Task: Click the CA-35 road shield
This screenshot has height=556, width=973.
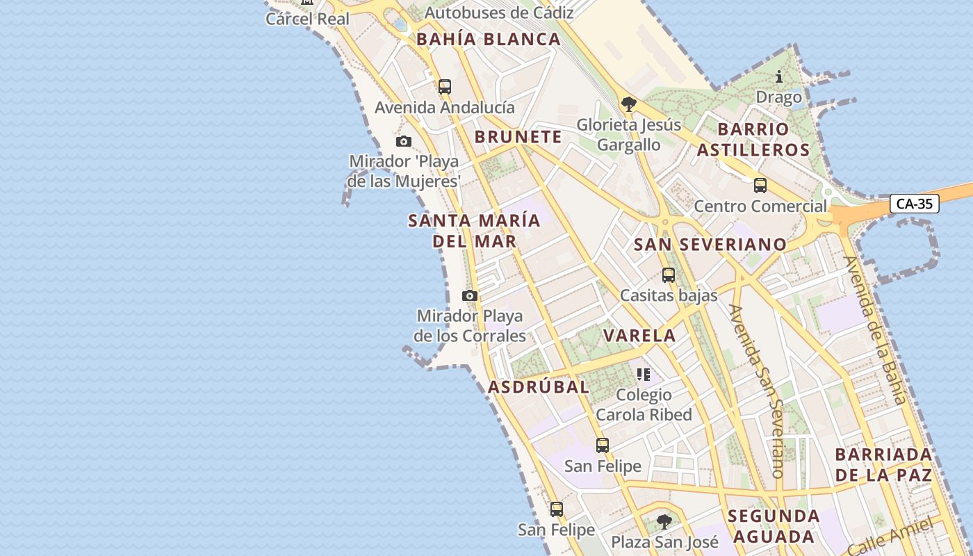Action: click(914, 204)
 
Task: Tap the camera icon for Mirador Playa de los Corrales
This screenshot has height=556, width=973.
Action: click(470, 296)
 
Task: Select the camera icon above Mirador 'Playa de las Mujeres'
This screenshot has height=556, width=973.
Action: click(404, 142)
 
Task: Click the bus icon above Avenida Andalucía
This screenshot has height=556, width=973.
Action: click(445, 87)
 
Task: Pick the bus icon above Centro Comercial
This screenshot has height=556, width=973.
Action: click(760, 186)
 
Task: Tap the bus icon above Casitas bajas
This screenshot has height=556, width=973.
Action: click(669, 275)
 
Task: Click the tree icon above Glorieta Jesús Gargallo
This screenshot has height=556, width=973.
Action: click(629, 105)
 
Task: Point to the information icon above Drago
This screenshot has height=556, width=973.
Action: click(779, 76)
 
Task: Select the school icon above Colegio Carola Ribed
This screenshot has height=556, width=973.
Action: click(644, 375)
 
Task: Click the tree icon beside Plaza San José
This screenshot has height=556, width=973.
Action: click(664, 521)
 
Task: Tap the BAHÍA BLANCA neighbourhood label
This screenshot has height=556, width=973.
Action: click(489, 40)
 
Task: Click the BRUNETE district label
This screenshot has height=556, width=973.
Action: click(518, 137)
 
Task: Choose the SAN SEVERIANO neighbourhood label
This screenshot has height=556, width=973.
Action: click(710, 245)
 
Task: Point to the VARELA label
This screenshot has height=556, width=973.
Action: click(639, 336)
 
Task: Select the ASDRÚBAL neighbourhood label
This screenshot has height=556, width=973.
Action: click(539, 387)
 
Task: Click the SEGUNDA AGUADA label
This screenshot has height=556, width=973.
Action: click(774, 526)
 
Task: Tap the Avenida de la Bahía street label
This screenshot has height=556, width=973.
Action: click(875, 330)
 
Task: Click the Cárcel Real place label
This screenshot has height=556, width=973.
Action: click(308, 19)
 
